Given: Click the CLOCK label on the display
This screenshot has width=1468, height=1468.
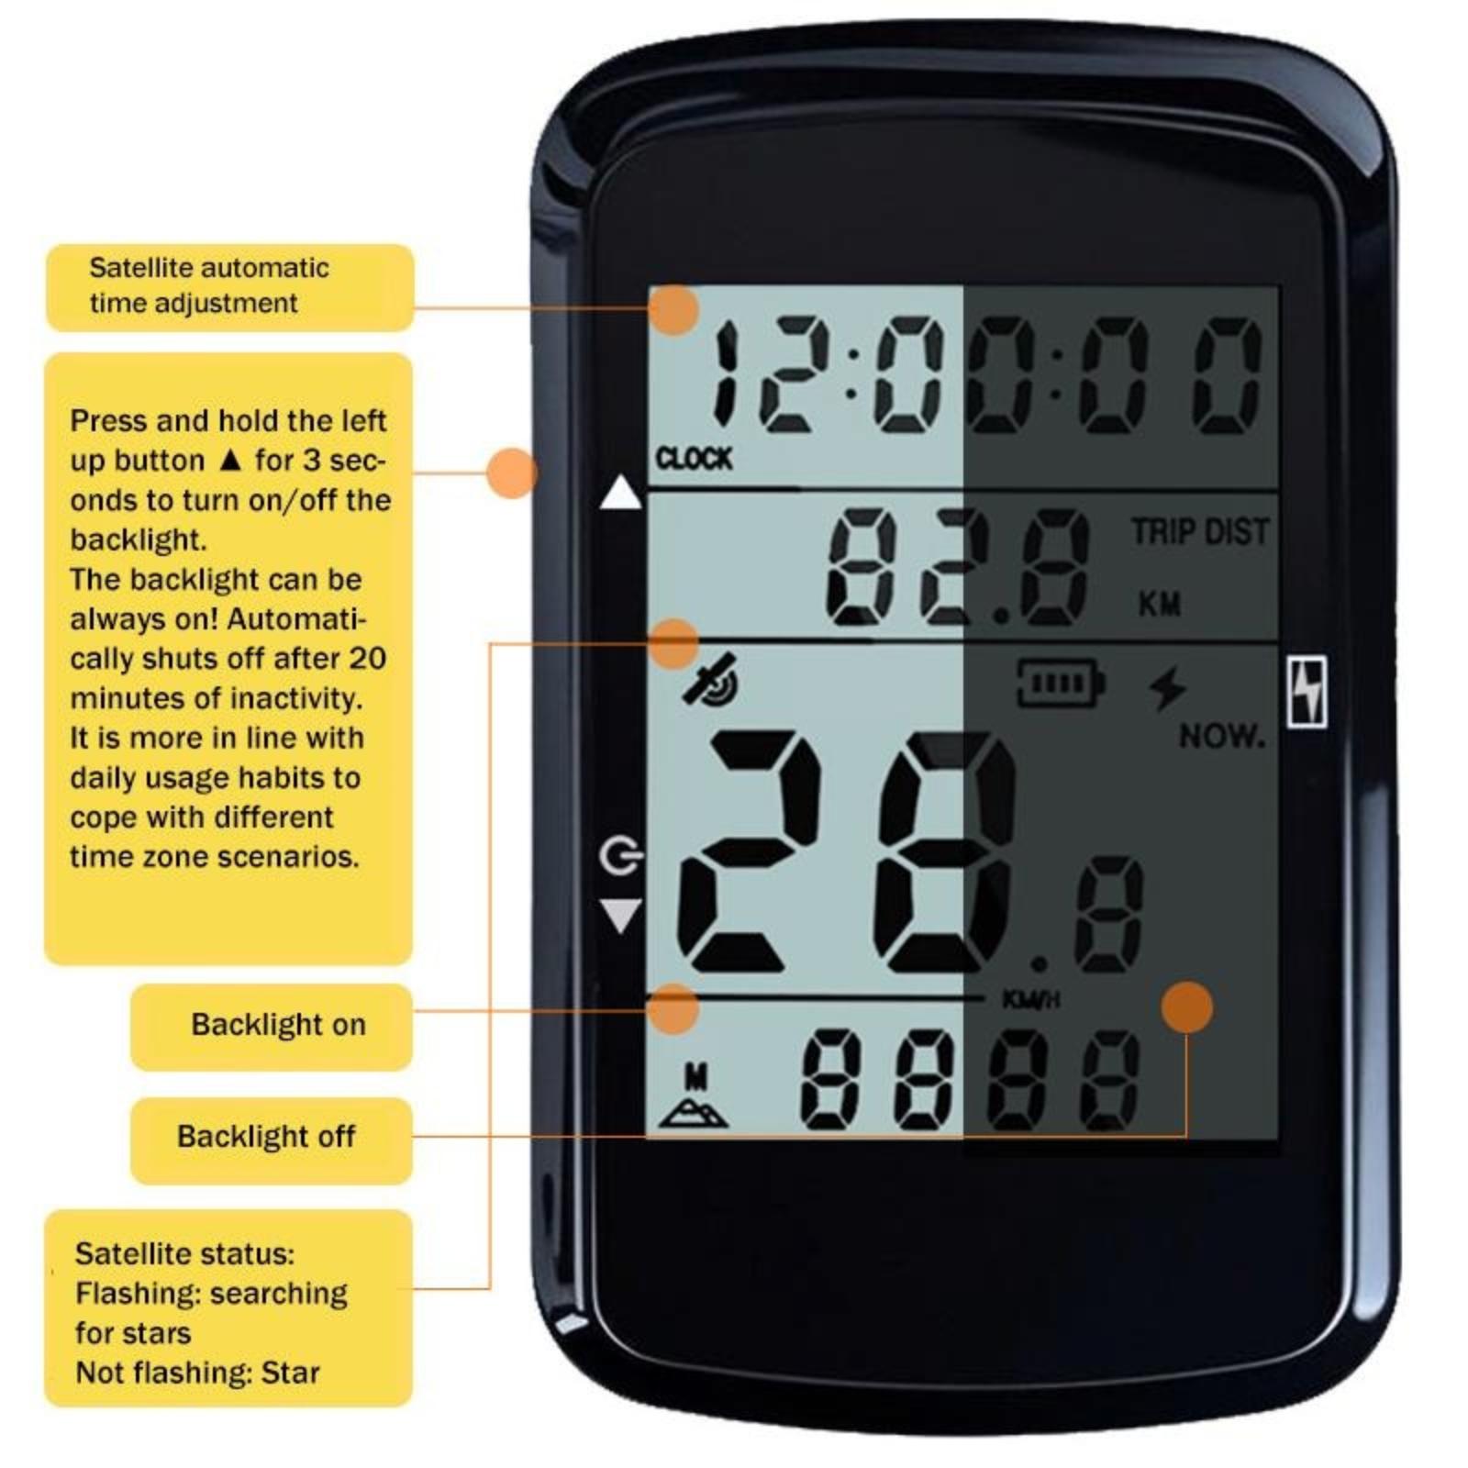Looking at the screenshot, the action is click(x=694, y=458).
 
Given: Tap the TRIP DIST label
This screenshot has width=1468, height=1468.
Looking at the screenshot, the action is click(x=1199, y=531).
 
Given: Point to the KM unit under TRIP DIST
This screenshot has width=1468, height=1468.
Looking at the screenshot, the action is click(x=1159, y=604).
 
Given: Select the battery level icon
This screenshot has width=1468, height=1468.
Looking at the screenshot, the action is click(x=1061, y=683).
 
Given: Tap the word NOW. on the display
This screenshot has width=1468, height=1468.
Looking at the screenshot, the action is click(x=1221, y=735).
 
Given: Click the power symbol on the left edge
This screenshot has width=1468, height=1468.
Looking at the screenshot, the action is click(x=620, y=856).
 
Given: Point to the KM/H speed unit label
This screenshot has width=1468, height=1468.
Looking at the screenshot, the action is click(x=1030, y=999).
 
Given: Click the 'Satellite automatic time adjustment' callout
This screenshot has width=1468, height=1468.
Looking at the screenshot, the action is click(x=230, y=287).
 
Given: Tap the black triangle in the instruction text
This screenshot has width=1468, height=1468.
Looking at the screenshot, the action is click(x=230, y=459).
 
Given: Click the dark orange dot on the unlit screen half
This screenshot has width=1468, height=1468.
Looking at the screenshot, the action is click(x=1186, y=1006).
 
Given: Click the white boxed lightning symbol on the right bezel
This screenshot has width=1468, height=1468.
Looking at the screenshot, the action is click(x=1307, y=692).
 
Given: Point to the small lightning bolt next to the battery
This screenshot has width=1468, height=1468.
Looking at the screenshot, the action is click(x=1168, y=688).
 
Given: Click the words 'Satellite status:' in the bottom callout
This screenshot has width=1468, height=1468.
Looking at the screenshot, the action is click(x=184, y=1253).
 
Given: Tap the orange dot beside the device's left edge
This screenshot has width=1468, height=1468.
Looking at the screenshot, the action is click(x=511, y=473).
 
